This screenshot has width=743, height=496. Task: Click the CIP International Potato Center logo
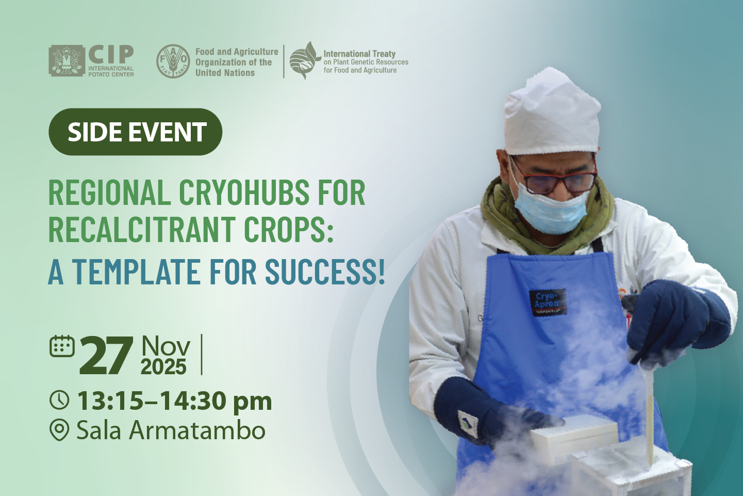91,61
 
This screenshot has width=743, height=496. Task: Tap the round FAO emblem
173,61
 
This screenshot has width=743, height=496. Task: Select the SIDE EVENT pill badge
135,132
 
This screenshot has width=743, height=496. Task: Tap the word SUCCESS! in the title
325,271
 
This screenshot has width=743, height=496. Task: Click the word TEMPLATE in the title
136,271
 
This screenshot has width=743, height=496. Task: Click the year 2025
163,367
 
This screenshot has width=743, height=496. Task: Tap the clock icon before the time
59,400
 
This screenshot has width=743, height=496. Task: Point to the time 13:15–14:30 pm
174,401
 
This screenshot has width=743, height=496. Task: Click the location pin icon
59,430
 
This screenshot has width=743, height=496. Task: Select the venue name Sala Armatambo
171,430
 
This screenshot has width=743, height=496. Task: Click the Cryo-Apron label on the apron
547,302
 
